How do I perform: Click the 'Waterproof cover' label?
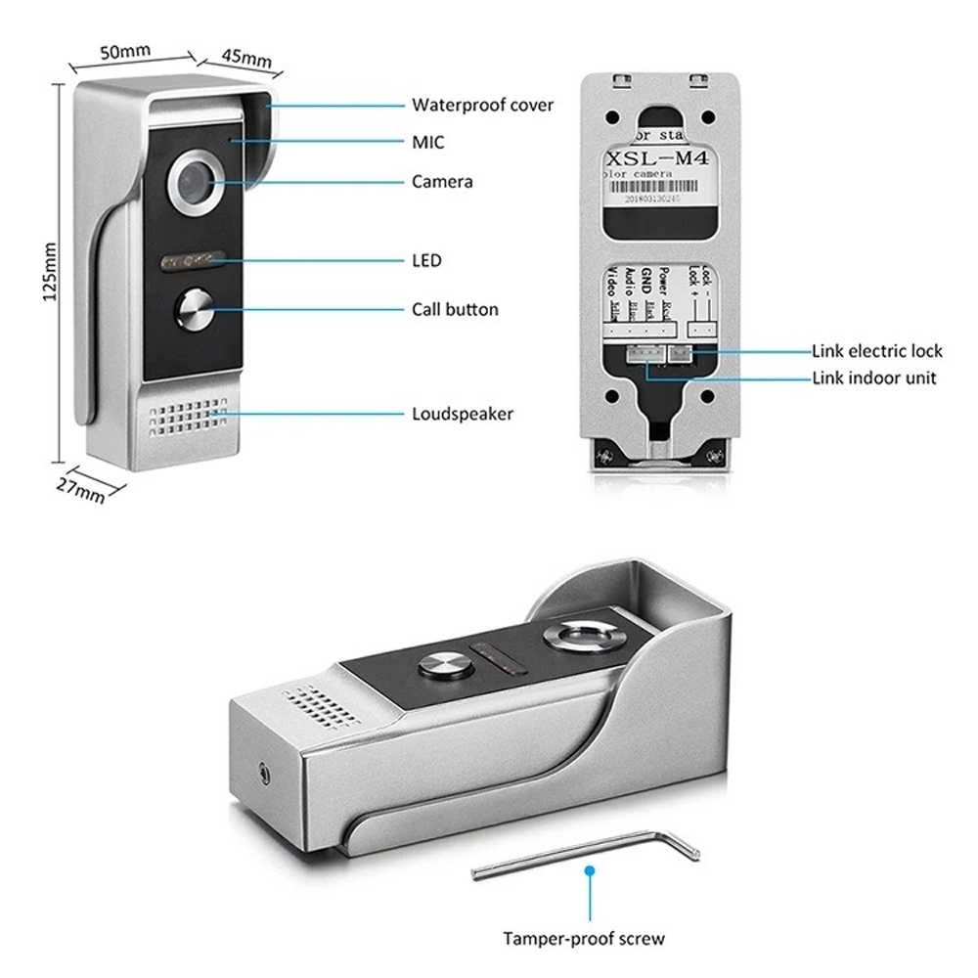[x=482, y=105]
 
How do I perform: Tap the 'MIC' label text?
[x=427, y=143]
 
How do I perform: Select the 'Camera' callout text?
[x=442, y=182]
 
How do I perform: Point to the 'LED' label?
[x=426, y=260]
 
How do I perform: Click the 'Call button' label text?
[x=455, y=310]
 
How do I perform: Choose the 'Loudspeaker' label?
[x=462, y=414]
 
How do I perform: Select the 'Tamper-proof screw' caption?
[x=584, y=939]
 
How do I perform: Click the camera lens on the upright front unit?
[x=195, y=183]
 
